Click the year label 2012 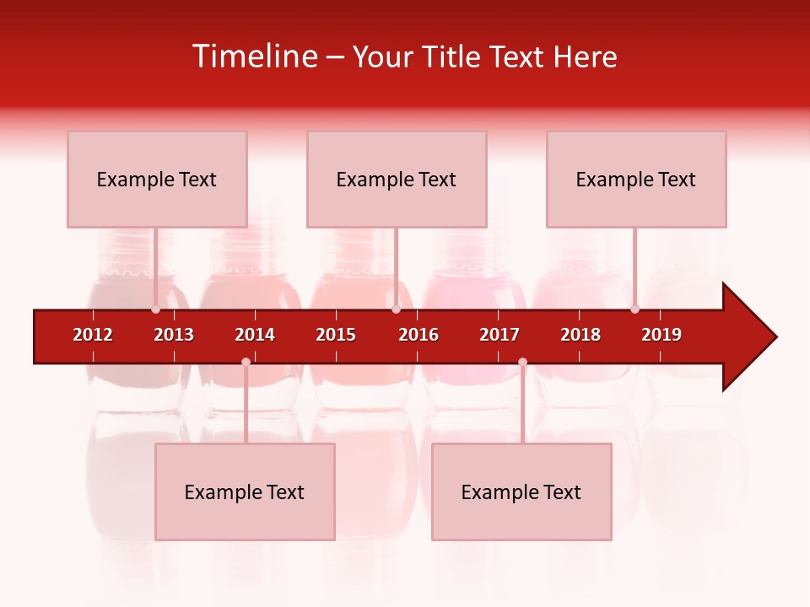93,335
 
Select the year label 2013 174,335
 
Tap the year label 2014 255,335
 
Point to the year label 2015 336,335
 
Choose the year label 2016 418,335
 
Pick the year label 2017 499,335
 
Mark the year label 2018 580,335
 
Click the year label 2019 661,335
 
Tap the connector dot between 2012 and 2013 155,309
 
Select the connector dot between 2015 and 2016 396,309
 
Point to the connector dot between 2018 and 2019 634,309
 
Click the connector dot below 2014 246,362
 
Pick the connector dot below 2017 522,362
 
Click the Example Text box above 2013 157,180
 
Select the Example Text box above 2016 397,180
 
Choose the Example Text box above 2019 636,180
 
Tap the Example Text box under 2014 245,492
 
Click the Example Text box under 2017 521,492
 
